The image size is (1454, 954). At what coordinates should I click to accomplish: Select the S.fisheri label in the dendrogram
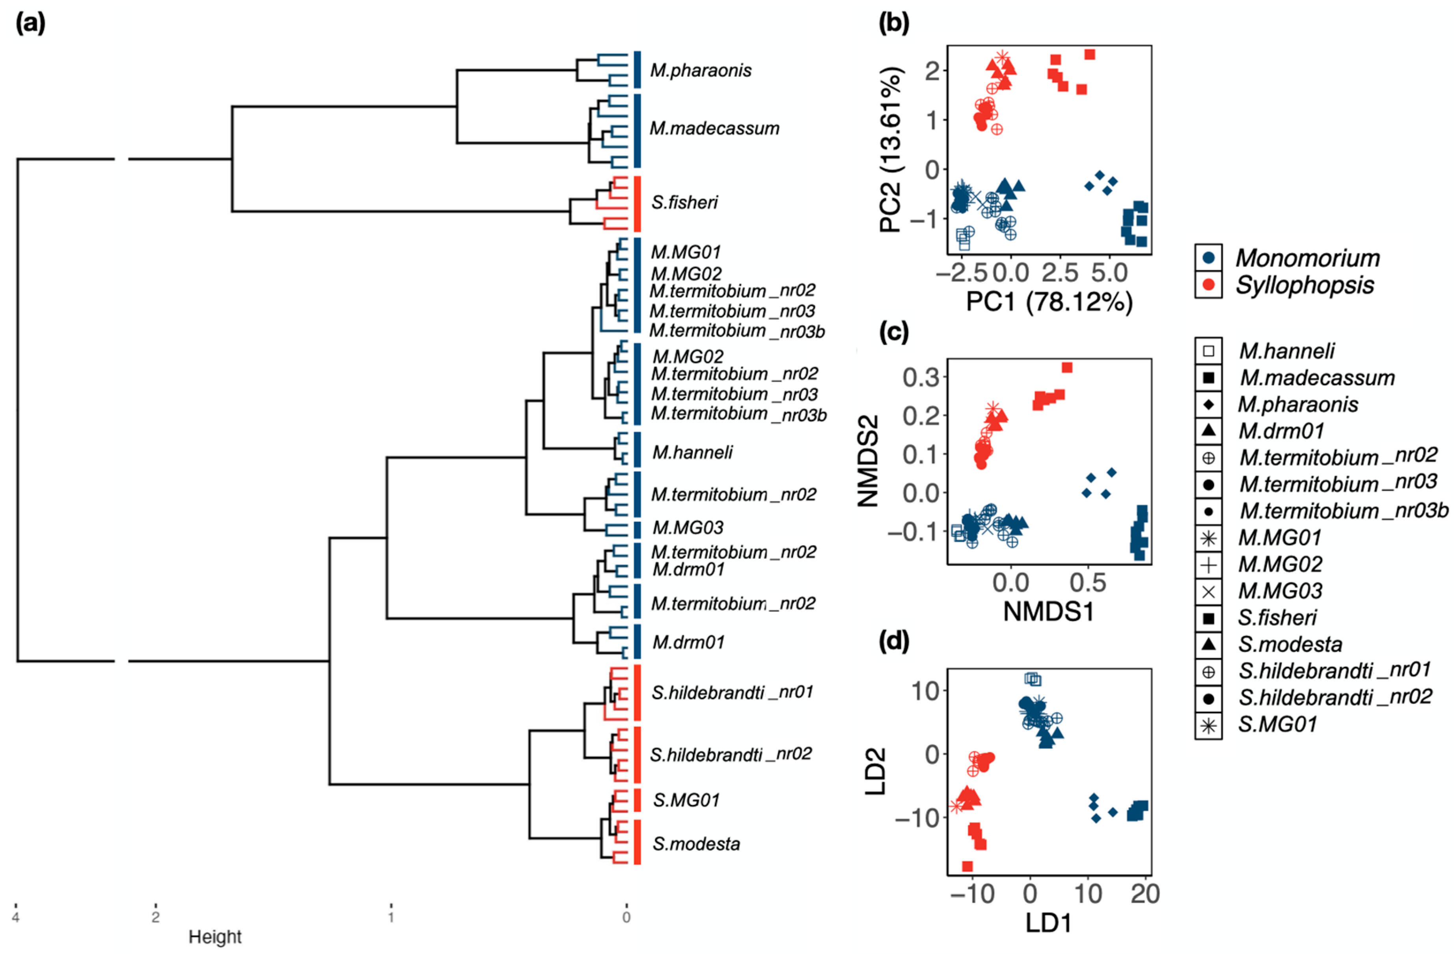click(684, 202)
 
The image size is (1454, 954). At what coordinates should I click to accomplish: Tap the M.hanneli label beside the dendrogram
click(692, 453)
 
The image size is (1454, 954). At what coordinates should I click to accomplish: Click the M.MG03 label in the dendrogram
click(688, 527)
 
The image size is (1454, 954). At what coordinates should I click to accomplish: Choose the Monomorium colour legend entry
click(1307, 258)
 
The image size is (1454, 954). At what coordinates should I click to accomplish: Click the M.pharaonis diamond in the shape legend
click(1208, 405)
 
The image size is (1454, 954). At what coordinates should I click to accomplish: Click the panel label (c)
click(894, 332)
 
